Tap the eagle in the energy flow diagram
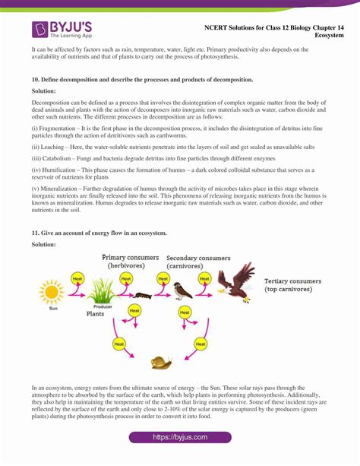[x=237, y=281]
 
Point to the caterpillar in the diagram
[x=141, y=293]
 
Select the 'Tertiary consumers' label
[x=292, y=281]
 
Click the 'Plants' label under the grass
[x=95, y=313]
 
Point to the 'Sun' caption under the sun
[x=52, y=309]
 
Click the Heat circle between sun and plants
[x=77, y=279]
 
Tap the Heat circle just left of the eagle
[x=203, y=279]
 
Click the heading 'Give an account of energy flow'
[x=99, y=231]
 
